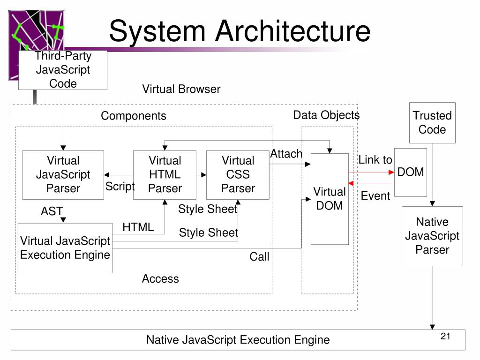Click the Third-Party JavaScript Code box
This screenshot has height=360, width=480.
pos(63,70)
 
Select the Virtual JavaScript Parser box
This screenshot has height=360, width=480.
pos(63,175)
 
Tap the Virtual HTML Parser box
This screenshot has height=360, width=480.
pos(165,175)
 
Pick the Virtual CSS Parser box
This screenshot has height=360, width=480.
pos(238,175)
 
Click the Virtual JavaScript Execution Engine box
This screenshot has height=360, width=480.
pos(65,248)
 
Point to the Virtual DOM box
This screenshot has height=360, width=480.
pos(330,199)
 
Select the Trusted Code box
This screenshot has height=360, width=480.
pos(432,123)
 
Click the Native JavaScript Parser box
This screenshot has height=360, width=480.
pos(432,236)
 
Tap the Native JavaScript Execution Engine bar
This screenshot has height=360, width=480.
pos(238,340)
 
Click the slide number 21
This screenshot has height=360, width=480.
pos(445,337)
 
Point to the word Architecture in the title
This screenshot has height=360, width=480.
pos(293,31)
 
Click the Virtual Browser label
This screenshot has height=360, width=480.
pos(181,89)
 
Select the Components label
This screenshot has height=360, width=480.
pos(134,116)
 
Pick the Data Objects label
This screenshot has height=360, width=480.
pos(326,115)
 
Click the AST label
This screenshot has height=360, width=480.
pos(52,211)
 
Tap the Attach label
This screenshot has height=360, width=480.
pos(286,154)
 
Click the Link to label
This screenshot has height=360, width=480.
pos(375,160)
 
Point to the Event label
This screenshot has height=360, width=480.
pos(375,196)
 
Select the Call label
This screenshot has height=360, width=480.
pos(259,256)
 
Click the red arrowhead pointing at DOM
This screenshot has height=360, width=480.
pos(391,172)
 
